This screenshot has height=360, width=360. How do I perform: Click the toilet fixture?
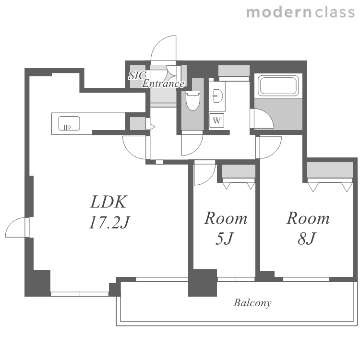coord(193,100)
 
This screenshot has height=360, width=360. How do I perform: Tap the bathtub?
coord(278,85)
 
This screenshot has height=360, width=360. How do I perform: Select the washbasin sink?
coord(217,96)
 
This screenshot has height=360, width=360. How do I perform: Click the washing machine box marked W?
coord(216,120)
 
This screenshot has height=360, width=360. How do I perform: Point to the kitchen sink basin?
coord(69,123)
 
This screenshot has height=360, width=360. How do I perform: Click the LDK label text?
coord(108,202)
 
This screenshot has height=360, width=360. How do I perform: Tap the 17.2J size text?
coord(109,222)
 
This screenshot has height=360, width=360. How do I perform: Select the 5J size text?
coord(224,238)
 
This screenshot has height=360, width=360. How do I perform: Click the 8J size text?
coord(307,238)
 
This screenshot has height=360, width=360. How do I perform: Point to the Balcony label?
coord(252,303)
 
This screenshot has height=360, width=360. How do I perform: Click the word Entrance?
coord(163,84)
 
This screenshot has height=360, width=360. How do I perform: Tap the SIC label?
coord(137,75)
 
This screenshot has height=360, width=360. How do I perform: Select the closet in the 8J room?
coord(330,170)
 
